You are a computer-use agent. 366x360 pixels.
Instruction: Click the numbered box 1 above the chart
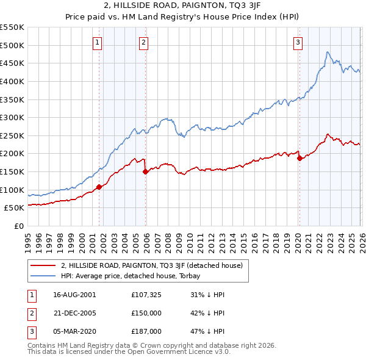pyautogui.click(x=98, y=43)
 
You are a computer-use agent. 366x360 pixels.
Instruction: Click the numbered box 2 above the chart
pyautogui.click(x=143, y=43)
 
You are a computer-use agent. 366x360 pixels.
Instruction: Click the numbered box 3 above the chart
pyautogui.click(x=298, y=43)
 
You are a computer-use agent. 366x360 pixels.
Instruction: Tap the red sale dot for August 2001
pyautogui.click(x=99, y=187)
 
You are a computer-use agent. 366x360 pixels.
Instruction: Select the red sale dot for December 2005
pyautogui.click(x=146, y=171)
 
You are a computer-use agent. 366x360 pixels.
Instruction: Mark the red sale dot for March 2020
pyautogui.click(x=300, y=158)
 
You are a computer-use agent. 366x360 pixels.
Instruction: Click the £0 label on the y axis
pyautogui.click(x=18, y=226)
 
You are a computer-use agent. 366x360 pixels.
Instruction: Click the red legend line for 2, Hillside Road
pyautogui.click(x=43, y=265)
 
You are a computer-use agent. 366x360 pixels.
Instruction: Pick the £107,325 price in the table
pyautogui.click(x=145, y=294)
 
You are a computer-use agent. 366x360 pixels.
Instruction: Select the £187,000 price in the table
pyautogui.click(x=145, y=331)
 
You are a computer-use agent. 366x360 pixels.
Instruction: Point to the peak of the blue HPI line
pyautogui.click(x=328, y=52)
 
